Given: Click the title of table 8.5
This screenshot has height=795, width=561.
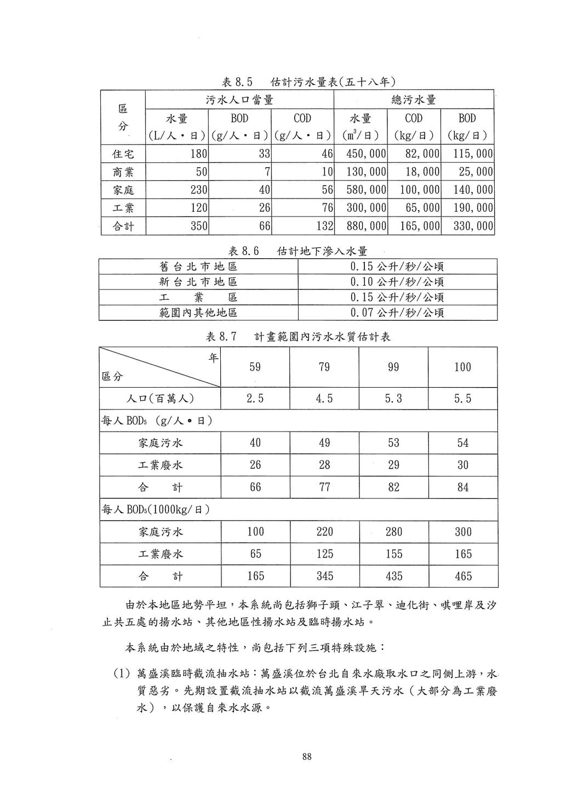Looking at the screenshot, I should pos(308,82).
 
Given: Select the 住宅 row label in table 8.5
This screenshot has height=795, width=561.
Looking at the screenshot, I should pos(123,154).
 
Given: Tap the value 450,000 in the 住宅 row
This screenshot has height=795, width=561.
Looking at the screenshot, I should pos(366,154).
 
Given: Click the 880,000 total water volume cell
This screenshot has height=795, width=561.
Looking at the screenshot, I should pos(366,226).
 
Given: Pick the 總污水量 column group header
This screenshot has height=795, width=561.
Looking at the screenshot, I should pos(414,100).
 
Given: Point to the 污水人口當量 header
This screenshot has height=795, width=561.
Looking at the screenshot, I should pos(239,100).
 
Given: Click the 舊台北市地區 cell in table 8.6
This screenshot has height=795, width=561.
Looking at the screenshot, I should pos(198,267).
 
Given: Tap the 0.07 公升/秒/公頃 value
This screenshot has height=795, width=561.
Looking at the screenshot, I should pos(397,313).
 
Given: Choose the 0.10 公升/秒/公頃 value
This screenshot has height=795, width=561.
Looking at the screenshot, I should pos(397,282).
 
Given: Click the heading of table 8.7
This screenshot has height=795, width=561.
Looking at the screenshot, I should pos(298,337).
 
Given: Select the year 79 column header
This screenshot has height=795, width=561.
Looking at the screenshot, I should pos(324,367).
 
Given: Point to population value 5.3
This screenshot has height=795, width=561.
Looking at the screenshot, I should pos(393,399).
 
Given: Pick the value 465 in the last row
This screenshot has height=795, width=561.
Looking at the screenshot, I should pos(463,576).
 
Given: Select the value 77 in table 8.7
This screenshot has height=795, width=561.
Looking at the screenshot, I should pos(324,487).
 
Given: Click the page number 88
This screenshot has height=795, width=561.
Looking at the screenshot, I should pos(307,757).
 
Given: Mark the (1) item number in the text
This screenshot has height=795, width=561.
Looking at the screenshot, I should pos(121,673).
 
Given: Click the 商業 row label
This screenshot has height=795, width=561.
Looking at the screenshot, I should pos(123,172).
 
